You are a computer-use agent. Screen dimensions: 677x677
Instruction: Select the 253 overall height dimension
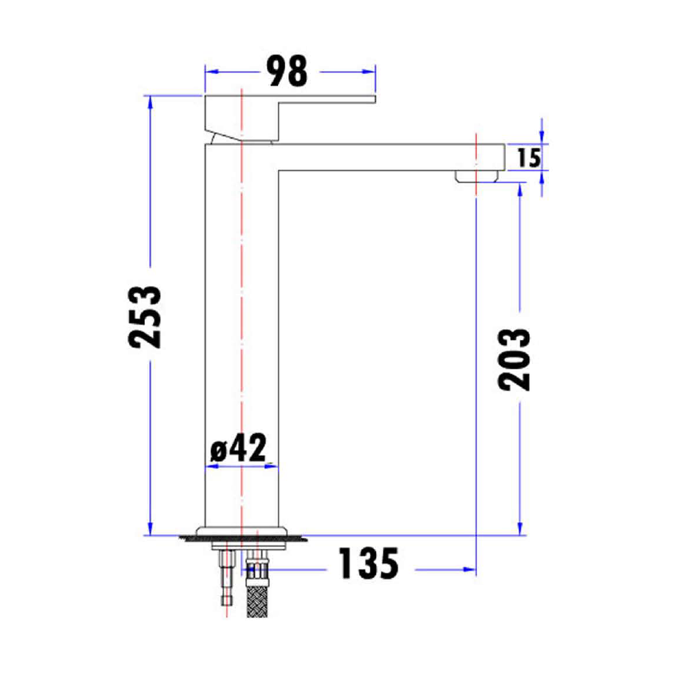[147, 316]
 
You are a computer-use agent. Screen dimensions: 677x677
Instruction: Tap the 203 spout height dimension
[515, 358]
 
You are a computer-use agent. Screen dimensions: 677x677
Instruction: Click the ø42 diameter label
[239, 449]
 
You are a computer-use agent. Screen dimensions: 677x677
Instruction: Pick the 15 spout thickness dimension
[529, 158]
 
